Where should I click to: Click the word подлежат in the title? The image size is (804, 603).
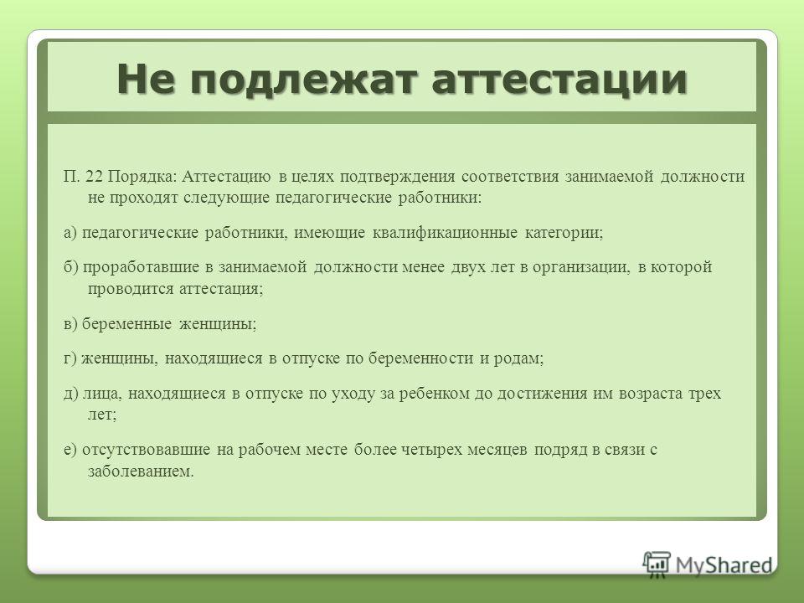point(302,80)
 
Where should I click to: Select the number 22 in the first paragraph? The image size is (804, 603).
point(94,177)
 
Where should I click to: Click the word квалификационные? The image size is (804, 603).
point(445,234)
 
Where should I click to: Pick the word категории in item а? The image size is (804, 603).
point(564,234)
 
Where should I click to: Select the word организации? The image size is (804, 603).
point(581,268)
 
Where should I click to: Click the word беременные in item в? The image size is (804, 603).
point(126,324)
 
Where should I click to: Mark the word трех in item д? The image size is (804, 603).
point(705,394)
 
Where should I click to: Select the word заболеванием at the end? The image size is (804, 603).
point(141,472)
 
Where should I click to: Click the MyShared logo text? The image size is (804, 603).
point(724,565)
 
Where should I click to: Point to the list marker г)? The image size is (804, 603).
point(70,359)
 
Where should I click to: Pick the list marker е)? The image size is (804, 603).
point(70,451)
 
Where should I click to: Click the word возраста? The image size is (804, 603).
point(652,394)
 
